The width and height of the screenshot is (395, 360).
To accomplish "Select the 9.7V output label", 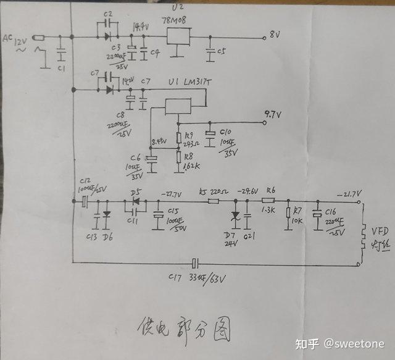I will pos(272,114).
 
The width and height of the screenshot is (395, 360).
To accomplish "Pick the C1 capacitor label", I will pos(60,68).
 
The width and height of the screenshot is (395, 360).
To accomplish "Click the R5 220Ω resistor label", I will pos(211,191).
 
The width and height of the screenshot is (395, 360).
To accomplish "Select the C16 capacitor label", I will pos(332,211).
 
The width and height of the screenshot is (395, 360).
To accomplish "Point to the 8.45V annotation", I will pos(159,141).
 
